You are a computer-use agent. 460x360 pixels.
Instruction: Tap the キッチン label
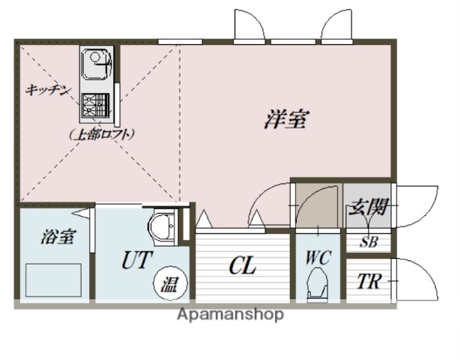(48, 91)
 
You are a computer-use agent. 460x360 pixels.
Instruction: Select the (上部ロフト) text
(103, 135)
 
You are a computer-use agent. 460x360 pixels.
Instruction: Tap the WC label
(317, 256)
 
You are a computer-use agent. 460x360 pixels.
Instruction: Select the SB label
(369, 242)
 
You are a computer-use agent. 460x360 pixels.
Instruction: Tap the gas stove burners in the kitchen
(94, 106)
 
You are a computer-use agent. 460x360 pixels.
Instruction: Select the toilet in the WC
(317, 285)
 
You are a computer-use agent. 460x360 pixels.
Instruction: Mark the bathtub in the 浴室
(52, 280)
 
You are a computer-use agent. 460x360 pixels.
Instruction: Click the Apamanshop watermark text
(230, 315)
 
